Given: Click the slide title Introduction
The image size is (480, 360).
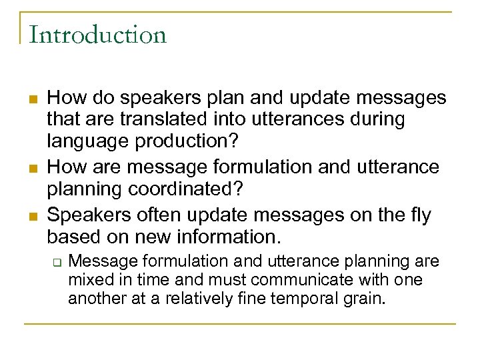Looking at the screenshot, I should [97, 34].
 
